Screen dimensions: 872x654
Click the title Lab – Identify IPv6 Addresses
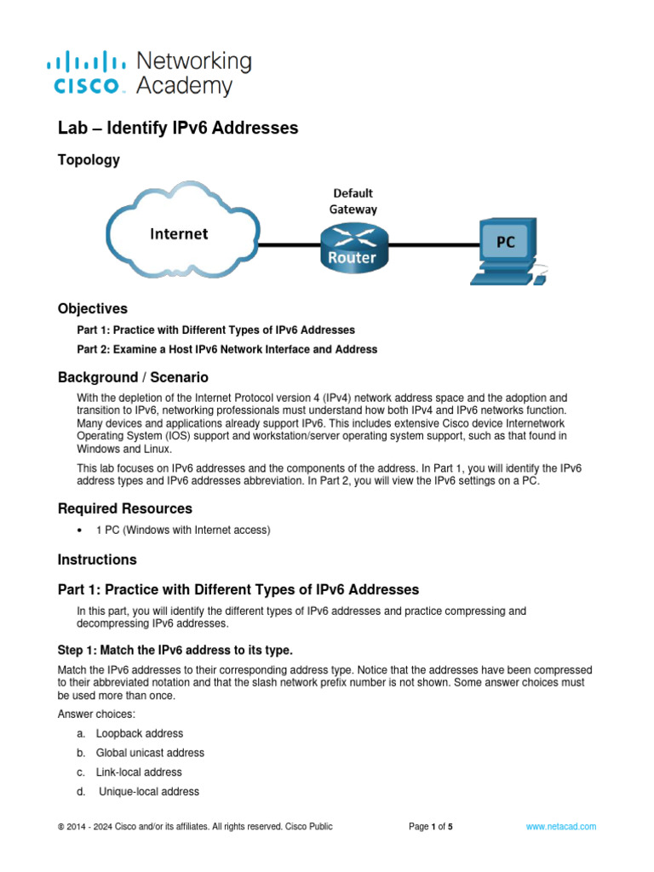(x=177, y=128)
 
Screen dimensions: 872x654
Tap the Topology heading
(x=89, y=160)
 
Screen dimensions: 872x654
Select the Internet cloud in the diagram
(x=180, y=232)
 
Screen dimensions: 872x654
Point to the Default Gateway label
(x=353, y=201)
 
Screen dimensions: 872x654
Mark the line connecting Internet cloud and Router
(x=288, y=245)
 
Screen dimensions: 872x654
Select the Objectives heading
(x=92, y=308)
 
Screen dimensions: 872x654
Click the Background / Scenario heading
(x=133, y=376)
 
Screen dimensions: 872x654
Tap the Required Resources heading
(x=124, y=508)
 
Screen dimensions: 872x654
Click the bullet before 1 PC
(x=79, y=531)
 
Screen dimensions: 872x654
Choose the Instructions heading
(x=97, y=559)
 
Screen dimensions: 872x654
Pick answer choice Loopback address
(x=139, y=733)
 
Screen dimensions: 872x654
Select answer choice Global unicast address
(x=150, y=753)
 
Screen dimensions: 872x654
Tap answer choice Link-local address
(x=139, y=772)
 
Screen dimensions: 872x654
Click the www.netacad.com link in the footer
(x=561, y=826)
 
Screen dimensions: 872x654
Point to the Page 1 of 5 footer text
(x=431, y=826)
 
